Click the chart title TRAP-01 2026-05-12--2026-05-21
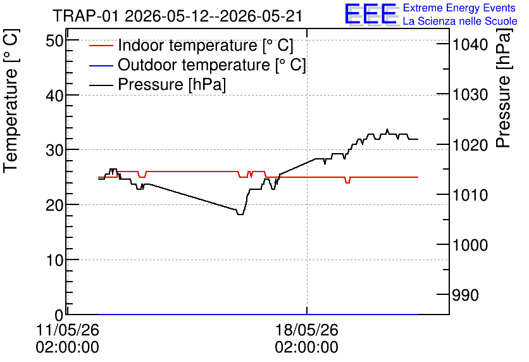(x=177, y=16)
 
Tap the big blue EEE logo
(x=371, y=14)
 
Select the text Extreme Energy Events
(x=459, y=8)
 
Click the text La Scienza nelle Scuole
(x=460, y=21)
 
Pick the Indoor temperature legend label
(x=206, y=45)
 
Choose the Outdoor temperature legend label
(x=211, y=65)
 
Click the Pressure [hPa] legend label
(x=171, y=84)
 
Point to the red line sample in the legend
(x=101, y=46)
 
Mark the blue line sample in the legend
(x=101, y=65)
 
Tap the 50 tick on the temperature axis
(x=54, y=41)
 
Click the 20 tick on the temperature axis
(x=54, y=205)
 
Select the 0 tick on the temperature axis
(x=59, y=315)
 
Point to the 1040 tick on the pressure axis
(x=470, y=44)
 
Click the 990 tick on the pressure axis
(x=466, y=295)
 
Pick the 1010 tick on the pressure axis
(x=470, y=195)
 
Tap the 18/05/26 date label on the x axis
(x=307, y=330)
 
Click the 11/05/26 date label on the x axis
(x=68, y=330)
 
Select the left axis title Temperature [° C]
(x=11, y=101)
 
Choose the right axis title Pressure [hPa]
(x=503, y=88)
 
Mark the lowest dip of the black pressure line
(x=240, y=215)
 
